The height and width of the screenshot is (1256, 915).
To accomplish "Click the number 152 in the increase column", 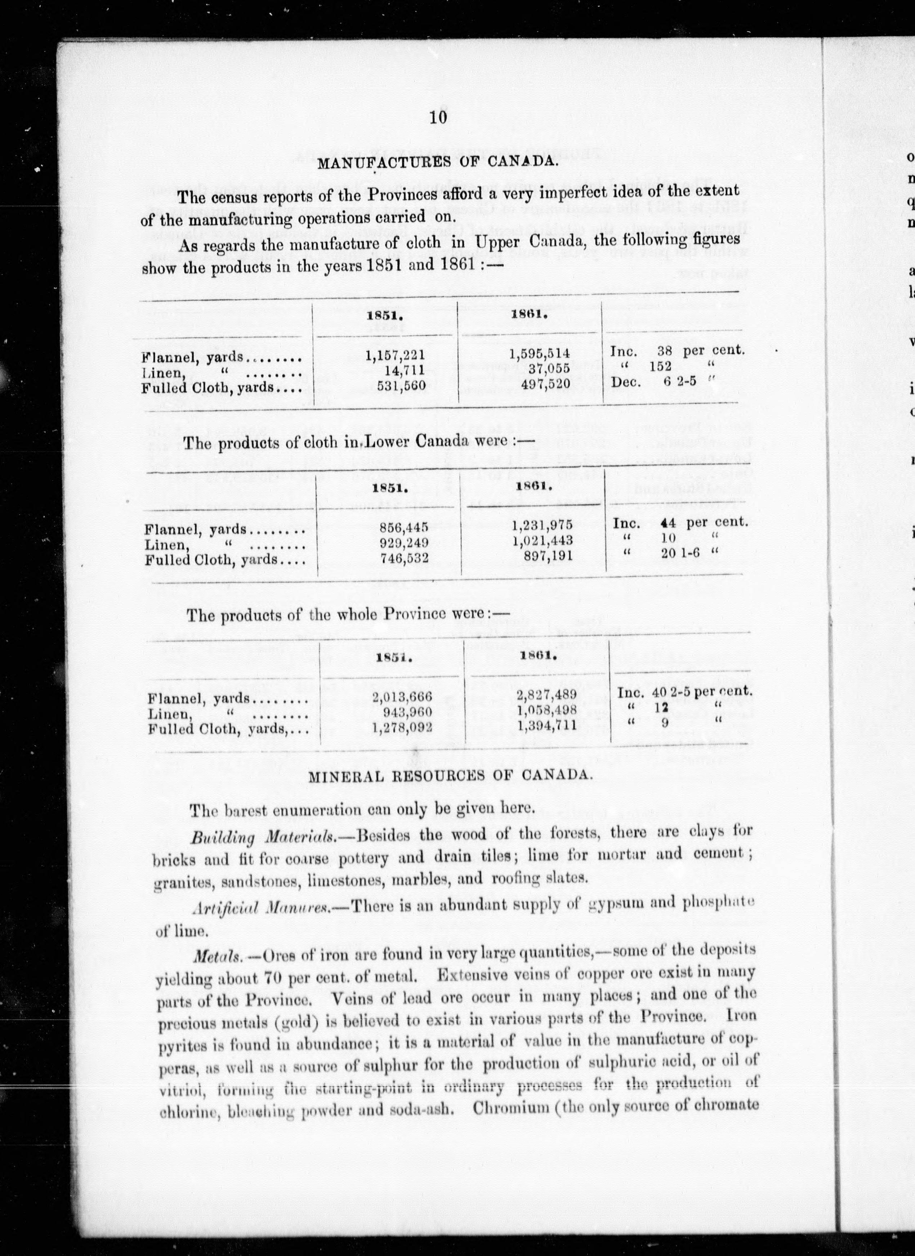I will (660, 367).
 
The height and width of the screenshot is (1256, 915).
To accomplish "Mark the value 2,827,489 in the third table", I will (547, 695).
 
